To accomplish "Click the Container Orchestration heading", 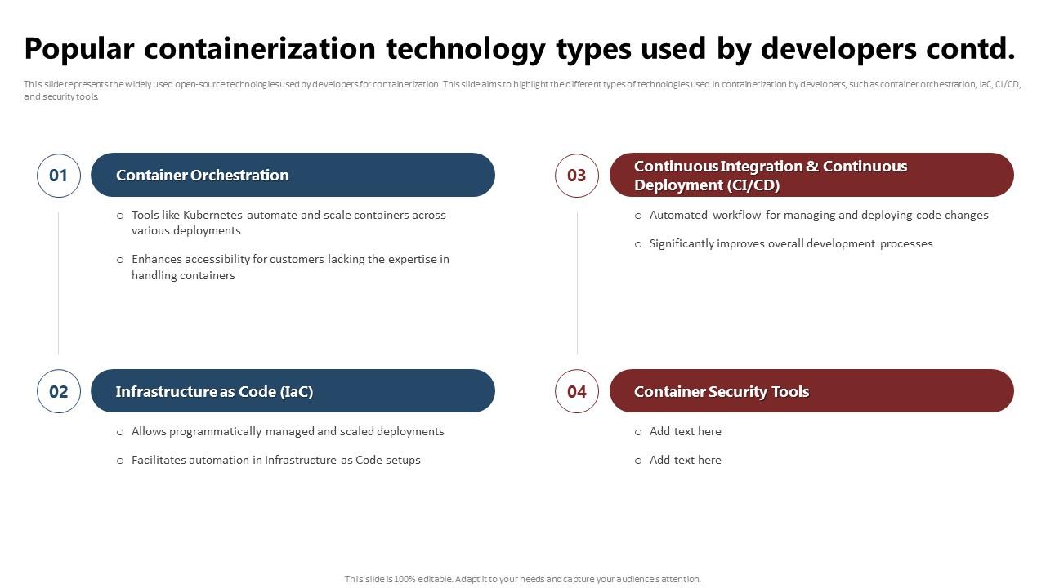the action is pyautogui.click(x=202, y=175).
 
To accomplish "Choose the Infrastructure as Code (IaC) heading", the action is pyautogui.click(x=214, y=391).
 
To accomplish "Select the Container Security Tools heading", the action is pyautogui.click(x=722, y=391).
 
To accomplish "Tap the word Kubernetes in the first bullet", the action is pyautogui.click(x=212, y=215).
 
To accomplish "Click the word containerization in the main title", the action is pyautogui.click(x=260, y=48).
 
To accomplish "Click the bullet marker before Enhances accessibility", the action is pyautogui.click(x=120, y=260).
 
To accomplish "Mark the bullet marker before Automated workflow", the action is pyautogui.click(x=638, y=216).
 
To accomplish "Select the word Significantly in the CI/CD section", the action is pyautogui.click(x=682, y=244).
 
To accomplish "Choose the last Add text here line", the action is pyautogui.click(x=685, y=460).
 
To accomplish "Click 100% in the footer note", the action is pyautogui.click(x=405, y=579).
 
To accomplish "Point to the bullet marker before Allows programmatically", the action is pyautogui.click(x=120, y=433).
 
